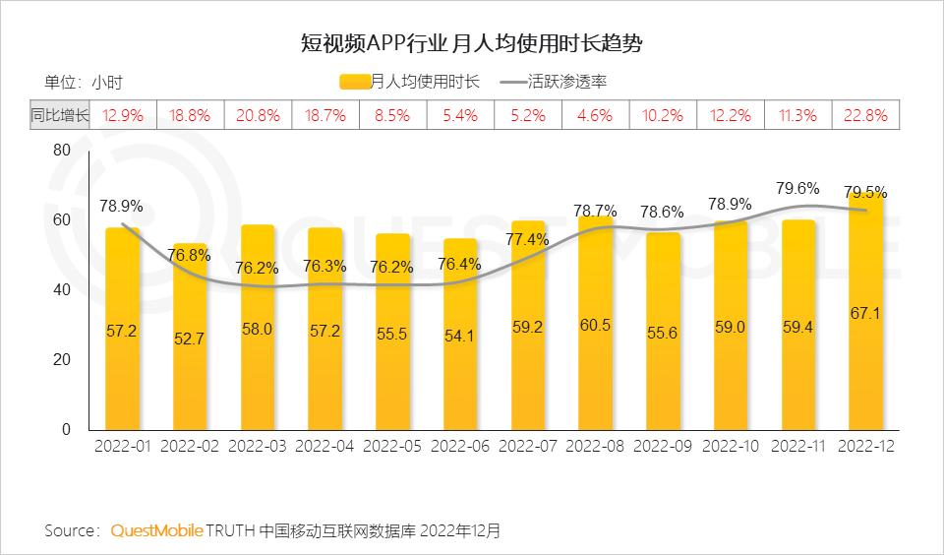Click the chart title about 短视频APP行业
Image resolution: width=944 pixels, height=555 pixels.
click(472, 44)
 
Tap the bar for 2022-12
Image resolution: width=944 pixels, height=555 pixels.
click(865, 315)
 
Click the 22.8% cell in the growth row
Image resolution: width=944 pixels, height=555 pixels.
click(865, 115)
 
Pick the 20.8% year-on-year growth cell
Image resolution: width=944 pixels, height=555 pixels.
click(258, 115)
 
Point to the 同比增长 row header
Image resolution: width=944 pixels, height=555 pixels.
click(60, 115)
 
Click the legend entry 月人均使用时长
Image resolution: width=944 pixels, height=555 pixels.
click(410, 82)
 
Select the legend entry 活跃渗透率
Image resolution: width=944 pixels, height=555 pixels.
click(561, 82)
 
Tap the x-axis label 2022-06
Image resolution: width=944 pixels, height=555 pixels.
click(460, 446)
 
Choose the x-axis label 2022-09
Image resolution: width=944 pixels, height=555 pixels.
click(663, 446)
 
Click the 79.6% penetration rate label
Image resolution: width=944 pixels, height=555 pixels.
click(796, 188)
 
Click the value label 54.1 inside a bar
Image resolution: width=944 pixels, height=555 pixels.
click(460, 336)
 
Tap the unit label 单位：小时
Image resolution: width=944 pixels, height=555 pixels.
click(84, 82)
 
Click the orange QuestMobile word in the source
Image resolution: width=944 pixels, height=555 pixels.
click(156, 530)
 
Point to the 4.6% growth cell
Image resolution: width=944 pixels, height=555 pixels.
click(595, 115)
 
